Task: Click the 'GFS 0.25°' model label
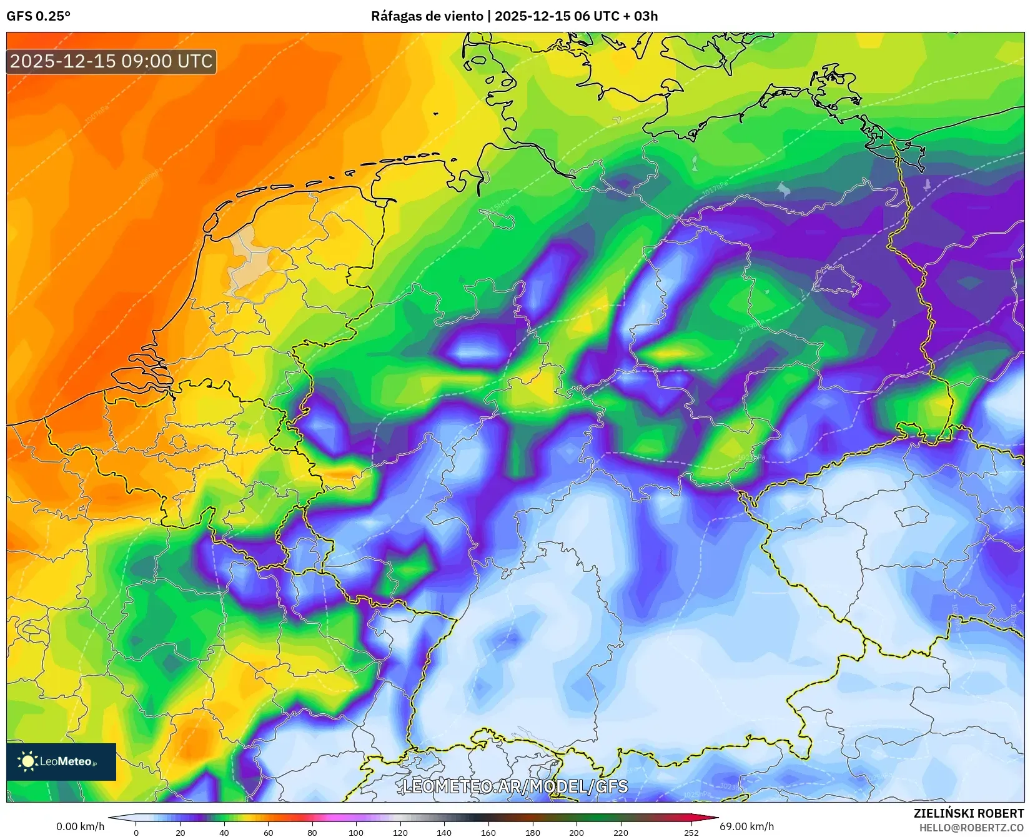pos(38,16)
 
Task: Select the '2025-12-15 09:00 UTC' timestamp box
pos(111,61)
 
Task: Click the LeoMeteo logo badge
pos(61,761)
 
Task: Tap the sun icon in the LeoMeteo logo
pos(27,761)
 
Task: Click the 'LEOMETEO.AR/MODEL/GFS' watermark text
pos(515,786)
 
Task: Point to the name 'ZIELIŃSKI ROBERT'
pos(968,813)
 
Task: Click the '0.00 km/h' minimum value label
pos(80,826)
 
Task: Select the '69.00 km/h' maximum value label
pos(746,826)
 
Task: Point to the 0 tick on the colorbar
pos(136,832)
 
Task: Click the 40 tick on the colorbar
pos(224,832)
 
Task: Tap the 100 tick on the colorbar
pos(356,832)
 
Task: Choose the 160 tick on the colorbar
pos(488,832)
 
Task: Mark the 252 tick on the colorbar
pos(691,832)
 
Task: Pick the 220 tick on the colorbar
pos(620,832)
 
